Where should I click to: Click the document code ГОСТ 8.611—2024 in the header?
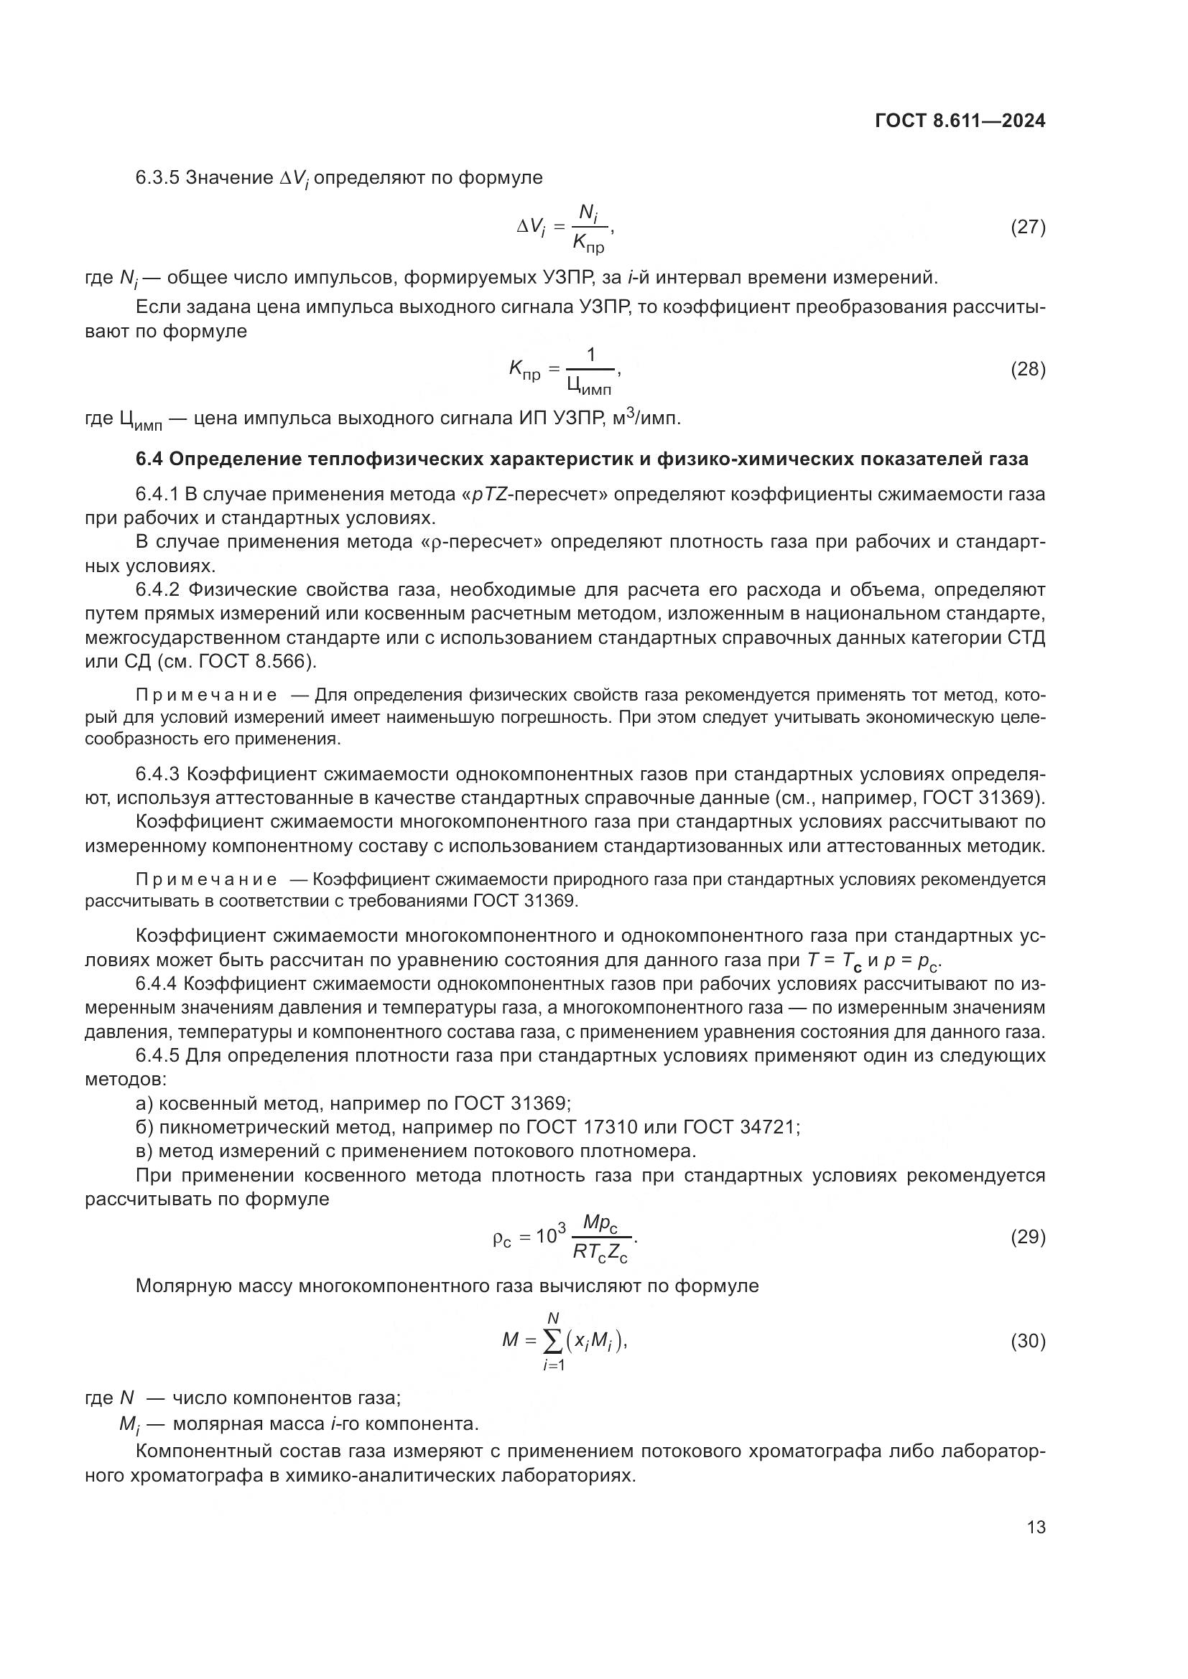click(x=960, y=121)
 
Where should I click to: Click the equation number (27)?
click(x=1028, y=227)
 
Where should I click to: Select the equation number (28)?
click(x=1028, y=369)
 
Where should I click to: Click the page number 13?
click(x=1036, y=1527)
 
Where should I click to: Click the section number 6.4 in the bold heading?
click(x=149, y=459)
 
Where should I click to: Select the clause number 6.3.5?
click(x=157, y=178)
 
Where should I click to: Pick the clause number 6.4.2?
click(x=157, y=590)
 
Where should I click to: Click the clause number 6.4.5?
click(x=157, y=1056)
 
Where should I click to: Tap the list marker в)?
click(x=144, y=1151)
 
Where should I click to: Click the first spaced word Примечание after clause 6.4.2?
click(x=206, y=696)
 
